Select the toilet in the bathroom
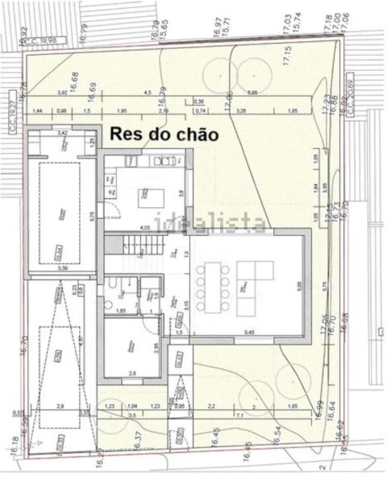[x=118, y=282]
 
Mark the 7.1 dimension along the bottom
[x=241, y=414]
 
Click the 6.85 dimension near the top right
[x=252, y=93]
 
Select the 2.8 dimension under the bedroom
[x=133, y=372]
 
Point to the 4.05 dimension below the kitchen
[x=146, y=229]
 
